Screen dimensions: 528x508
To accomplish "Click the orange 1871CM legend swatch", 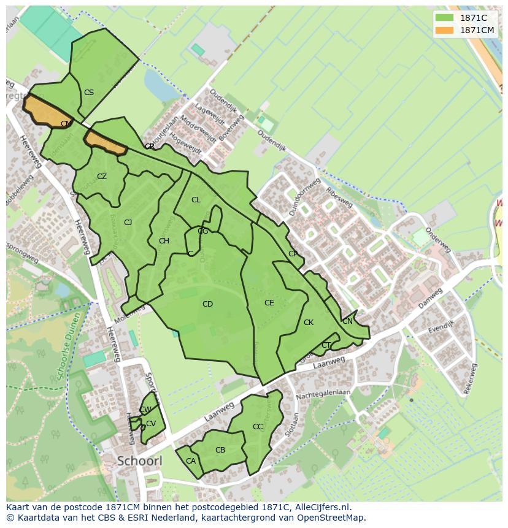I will pos(445,30).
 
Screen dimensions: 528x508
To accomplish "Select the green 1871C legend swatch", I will pos(445,18).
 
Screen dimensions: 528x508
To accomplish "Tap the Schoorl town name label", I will pos(139,461).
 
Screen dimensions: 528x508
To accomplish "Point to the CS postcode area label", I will pos(89,93).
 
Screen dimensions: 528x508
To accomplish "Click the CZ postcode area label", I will pos(102,177).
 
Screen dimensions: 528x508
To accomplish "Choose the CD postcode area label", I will pos(207,304).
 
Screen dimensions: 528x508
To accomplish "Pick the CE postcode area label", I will pos(269,303).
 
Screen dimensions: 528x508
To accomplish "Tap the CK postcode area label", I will pos(309,323).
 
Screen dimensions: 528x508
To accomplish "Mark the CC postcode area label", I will pos(258,427).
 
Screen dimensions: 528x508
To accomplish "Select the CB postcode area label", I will pos(220,450).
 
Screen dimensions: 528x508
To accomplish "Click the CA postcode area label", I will pos(191,461).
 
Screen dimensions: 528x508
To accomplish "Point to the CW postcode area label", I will pos(145,410).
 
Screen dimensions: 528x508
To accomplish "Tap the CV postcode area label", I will pos(151,424).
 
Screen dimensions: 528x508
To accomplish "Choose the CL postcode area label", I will pos(196,200).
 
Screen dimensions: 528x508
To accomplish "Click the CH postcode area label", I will pos(164,241).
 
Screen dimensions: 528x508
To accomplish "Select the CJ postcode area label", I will pos(128,223).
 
